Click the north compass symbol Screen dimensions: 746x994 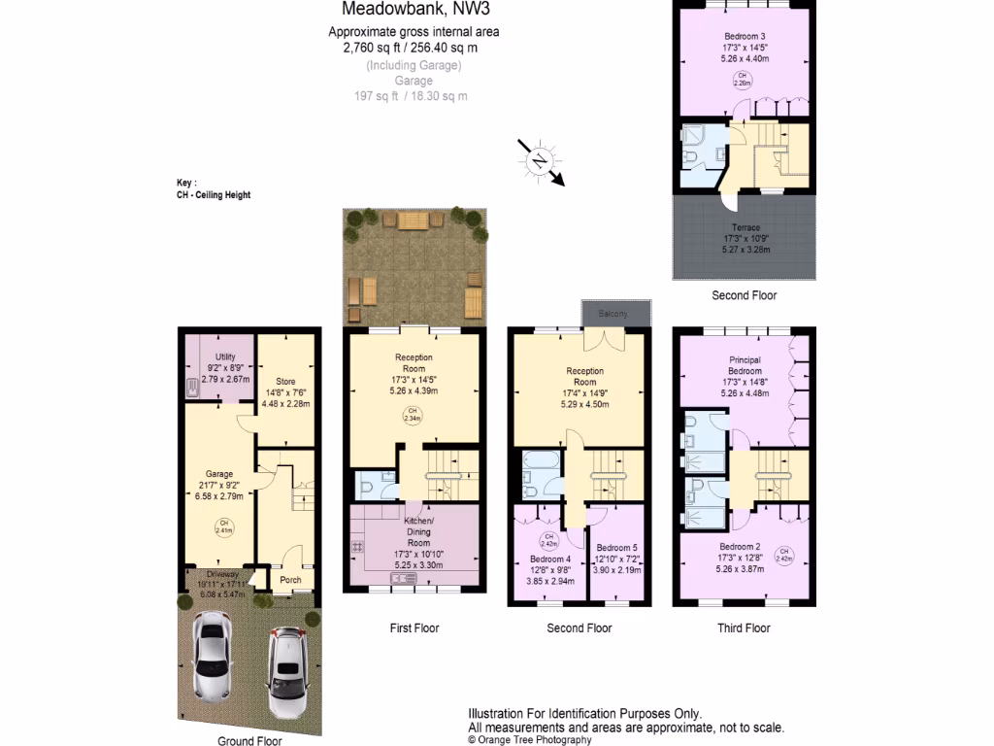540,161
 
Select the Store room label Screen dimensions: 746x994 285,381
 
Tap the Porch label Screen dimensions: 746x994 290,580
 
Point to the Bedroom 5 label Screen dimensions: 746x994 616,548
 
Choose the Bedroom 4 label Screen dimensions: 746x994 549,559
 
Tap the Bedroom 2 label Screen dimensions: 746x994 745,547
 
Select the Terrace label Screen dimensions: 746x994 745,227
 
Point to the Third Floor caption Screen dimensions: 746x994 744,628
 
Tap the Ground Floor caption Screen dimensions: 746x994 249,740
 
